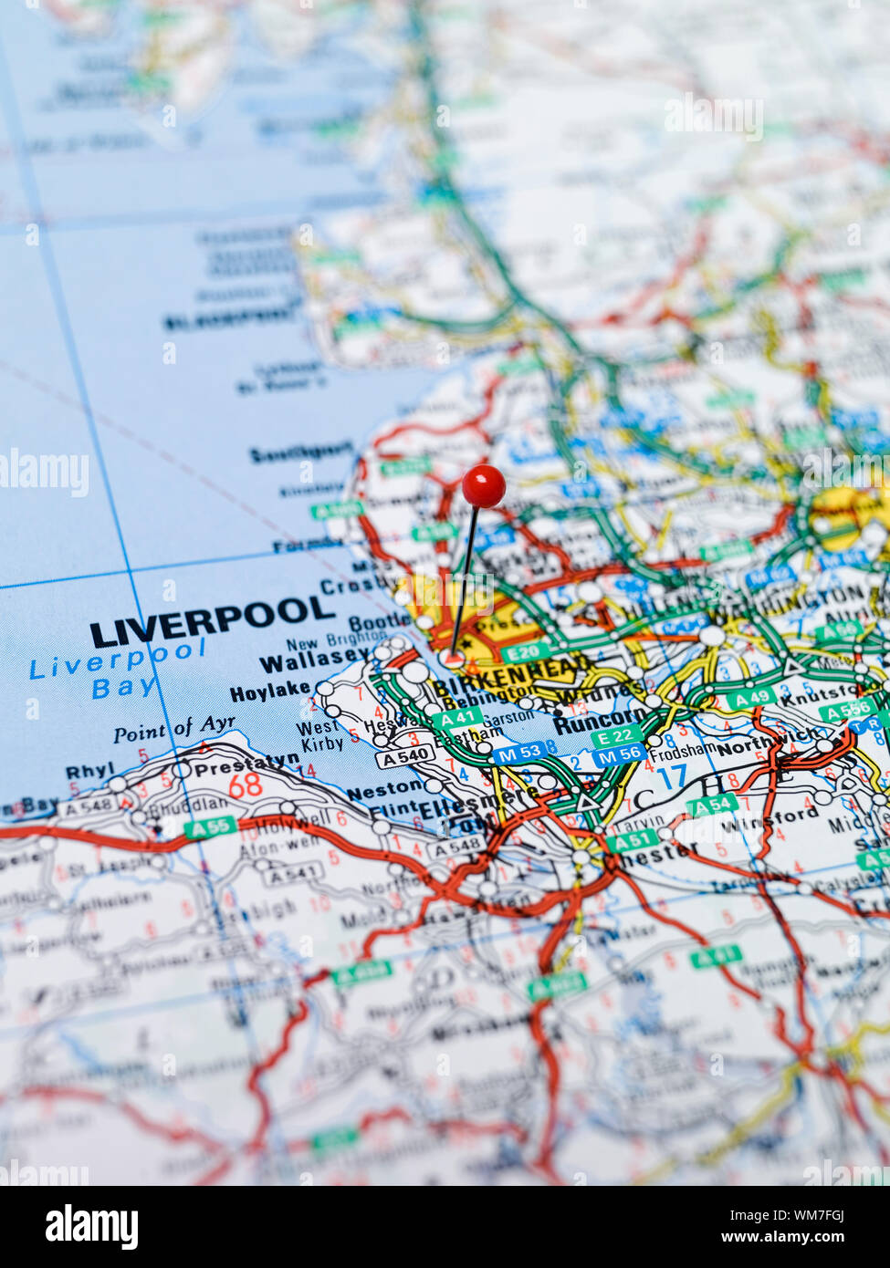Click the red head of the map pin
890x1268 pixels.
[x=483, y=485]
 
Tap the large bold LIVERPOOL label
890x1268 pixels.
[x=212, y=621]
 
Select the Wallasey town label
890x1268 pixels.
[x=313, y=659]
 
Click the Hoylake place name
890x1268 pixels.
[x=269, y=691]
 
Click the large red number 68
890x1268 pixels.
[x=245, y=785]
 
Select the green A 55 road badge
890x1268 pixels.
[x=197, y=828]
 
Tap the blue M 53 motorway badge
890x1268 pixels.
[x=519, y=754]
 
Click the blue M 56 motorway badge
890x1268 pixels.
[x=618, y=754]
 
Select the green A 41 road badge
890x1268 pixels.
[x=455, y=719]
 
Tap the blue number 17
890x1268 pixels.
[x=672, y=776]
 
